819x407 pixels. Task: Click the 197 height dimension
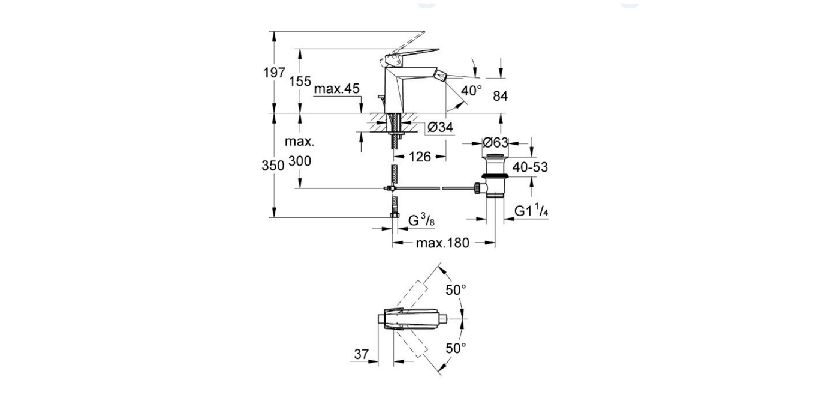tap(273, 73)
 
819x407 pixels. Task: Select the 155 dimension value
tap(300, 82)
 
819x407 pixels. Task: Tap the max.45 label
tap(336, 89)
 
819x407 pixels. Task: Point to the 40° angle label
tap(471, 91)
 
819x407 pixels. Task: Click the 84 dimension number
tap(500, 96)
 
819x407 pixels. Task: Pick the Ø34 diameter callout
tap(440, 127)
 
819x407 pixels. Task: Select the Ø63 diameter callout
tap(495, 143)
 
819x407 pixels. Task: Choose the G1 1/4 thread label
tap(532, 211)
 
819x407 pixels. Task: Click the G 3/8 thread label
tap(421, 221)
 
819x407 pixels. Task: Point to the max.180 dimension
tap(442, 243)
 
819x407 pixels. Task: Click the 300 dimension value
tap(300, 161)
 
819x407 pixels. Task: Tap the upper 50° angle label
tap(456, 290)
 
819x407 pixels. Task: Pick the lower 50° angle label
tap(456, 348)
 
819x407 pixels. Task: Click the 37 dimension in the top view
tap(360, 355)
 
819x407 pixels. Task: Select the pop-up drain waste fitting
tap(495, 178)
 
